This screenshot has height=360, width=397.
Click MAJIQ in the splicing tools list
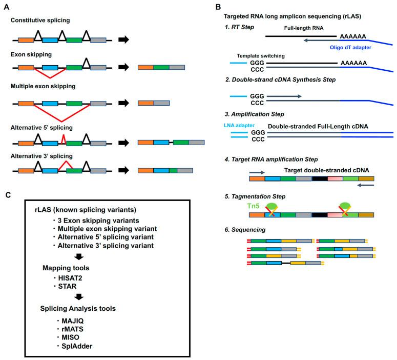73,321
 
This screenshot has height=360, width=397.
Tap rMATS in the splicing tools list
73,329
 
